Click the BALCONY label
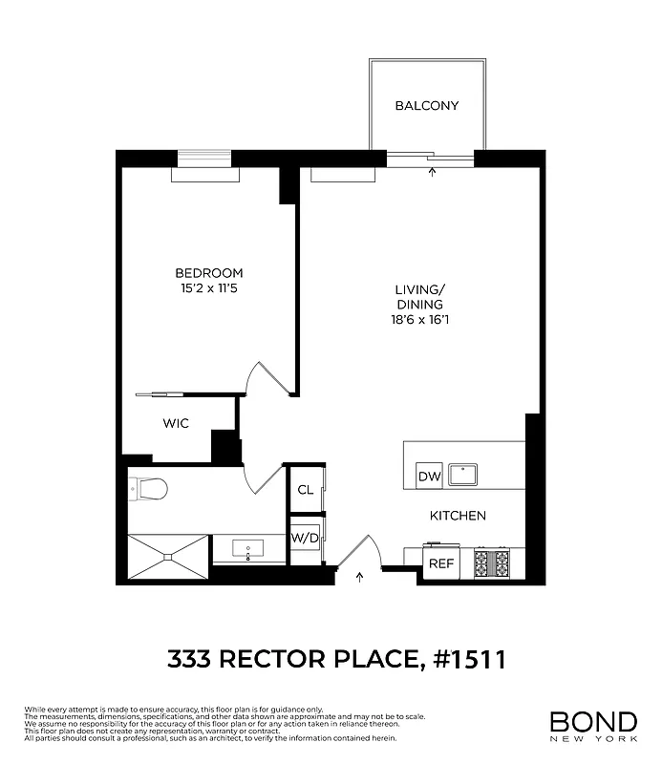(427, 105)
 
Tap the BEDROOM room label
(208, 272)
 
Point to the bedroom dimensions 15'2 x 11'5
(208, 287)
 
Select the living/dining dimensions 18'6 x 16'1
(421, 320)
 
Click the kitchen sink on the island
(464, 472)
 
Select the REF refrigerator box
(440, 563)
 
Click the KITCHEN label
(458, 516)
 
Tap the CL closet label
(305, 490)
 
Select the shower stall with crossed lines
(166, 558)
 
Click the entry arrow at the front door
(360, 576)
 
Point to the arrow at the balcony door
(433, 172)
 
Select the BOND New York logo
(592, 725)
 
